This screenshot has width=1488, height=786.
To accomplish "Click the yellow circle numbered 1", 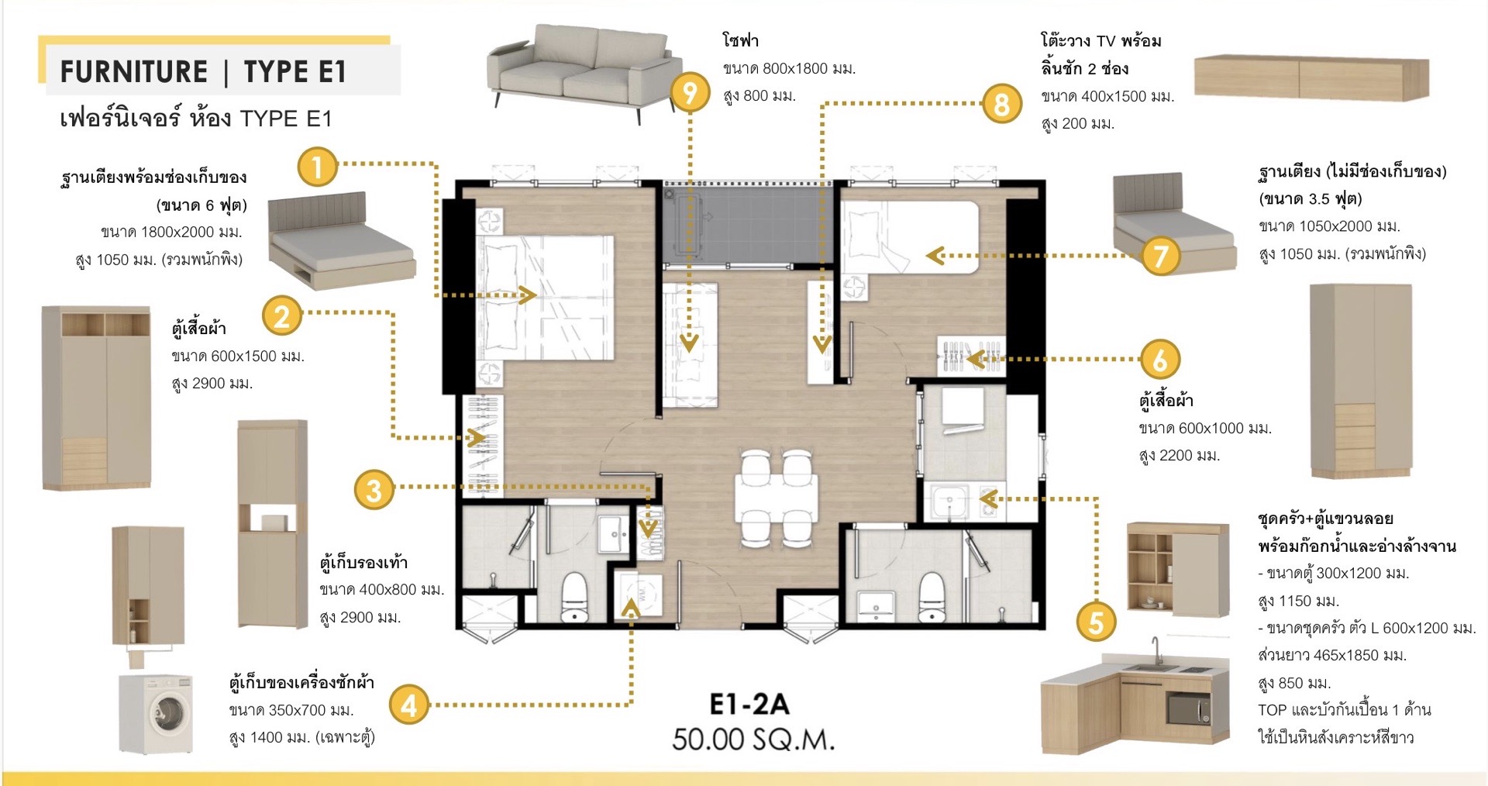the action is pyautogui.click(x=317, y=166).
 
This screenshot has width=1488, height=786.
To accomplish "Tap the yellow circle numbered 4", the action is pyautogui.click(x=409, y=704).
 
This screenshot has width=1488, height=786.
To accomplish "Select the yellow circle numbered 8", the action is pyautogui.click(x=1001, y=104).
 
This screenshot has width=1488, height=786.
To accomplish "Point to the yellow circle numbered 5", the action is pyautogui.click(x=1096, y=622).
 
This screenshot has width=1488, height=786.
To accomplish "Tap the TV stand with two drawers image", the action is pyautogui.click(x=1311, y=78).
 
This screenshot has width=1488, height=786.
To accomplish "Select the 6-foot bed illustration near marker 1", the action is pyautogui.click(x=341, y=240).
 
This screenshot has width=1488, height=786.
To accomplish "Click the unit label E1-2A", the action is pyautogui.click(x=749, y=704).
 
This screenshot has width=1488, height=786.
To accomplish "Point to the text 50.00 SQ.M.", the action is pyautogui.click(x=753, y=739).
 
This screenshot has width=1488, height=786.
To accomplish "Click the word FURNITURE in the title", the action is pyautogui.click(x=134, y=72).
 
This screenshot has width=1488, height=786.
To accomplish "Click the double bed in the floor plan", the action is pyautogui.click(x=545, y=298).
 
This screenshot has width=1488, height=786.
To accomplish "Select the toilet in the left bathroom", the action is pyautogui.click(x=574, y=597).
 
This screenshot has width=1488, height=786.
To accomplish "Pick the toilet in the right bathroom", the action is pyautogui.click(x=931, y=597).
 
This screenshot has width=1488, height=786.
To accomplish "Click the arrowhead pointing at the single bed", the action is pyautogui.click(x=935, y=255).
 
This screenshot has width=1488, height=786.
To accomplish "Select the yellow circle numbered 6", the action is pyautogui.click(x=1159, y=359).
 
